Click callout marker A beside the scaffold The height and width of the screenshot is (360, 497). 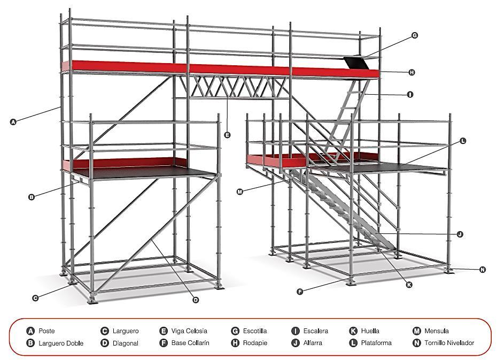(13, 122)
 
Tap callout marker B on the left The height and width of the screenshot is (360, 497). (32, 197)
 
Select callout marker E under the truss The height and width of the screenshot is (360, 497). (228, 135)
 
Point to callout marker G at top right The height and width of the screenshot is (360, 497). (414, 36)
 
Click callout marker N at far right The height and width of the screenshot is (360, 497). (483, 270)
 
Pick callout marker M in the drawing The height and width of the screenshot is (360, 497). (240, 191)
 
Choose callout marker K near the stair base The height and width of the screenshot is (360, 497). (409, 285)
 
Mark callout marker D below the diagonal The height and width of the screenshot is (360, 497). (196, 300)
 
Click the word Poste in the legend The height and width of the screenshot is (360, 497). (46, 331)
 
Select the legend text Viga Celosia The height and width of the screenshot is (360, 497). (189, 331)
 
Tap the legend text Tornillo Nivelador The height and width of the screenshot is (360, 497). (449, 343)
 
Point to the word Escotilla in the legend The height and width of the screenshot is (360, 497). (255, 331)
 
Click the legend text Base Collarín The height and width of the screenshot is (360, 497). (190, 343)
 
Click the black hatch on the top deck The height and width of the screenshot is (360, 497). (355, 62)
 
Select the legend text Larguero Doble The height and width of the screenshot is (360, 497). (61, 343)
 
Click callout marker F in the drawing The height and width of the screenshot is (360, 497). (300, 292)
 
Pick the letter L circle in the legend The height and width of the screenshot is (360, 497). (353, 343)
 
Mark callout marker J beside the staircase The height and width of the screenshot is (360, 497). (460, 234)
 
